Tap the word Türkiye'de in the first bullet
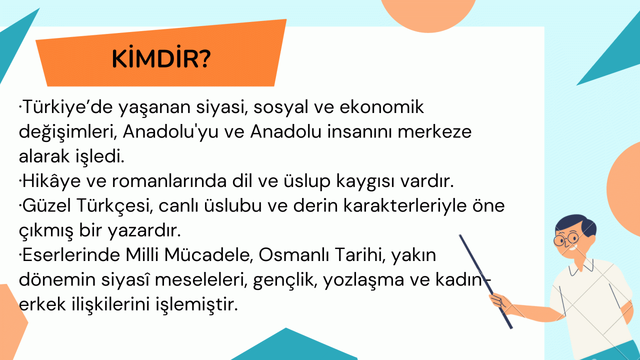(x=67, y=107)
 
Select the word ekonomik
(x=381, y=107)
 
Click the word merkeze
(x=434, y=131)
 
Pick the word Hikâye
(x=51, y=181)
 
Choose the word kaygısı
(x=365, y=181)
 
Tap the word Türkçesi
(x=114, y=206)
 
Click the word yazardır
(x=144, y=230)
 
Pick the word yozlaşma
(x=363, y=280)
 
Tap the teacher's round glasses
(x=566, y=238)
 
